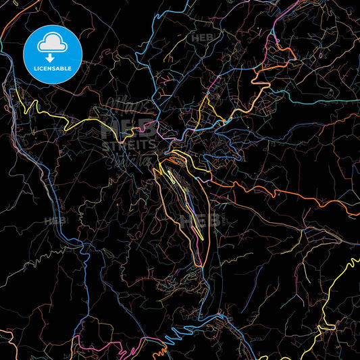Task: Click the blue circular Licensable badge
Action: coord(52,54)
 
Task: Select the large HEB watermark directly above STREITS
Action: coord(128,128)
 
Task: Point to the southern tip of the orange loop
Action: coord(200,265)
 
